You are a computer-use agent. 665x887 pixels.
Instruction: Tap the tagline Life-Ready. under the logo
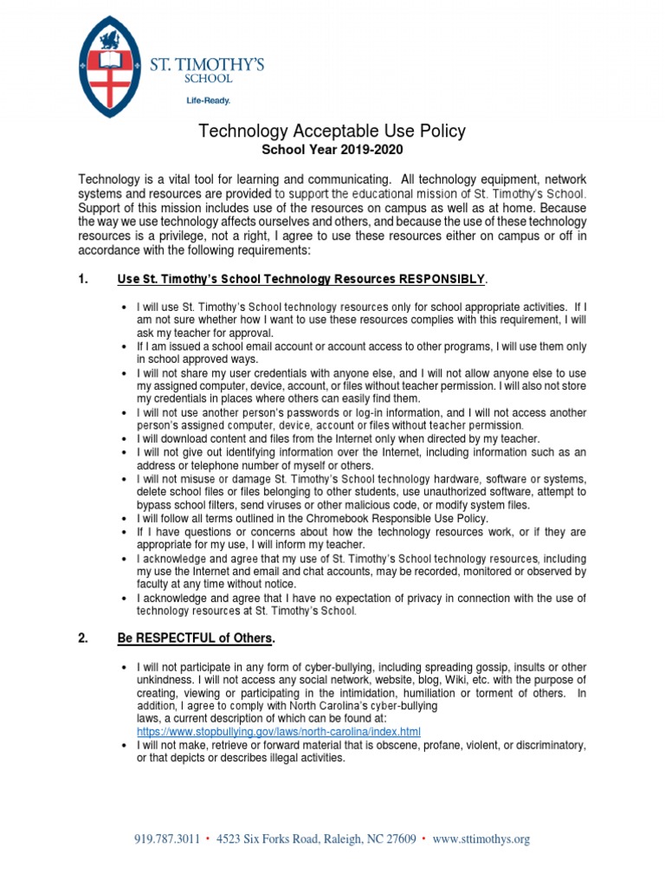point(209,100)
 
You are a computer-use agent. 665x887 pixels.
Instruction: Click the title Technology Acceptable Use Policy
point(332,131)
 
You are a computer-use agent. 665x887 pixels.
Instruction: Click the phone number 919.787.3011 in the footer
point(167,838)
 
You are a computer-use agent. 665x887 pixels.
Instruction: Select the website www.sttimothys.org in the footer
point(481,838)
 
